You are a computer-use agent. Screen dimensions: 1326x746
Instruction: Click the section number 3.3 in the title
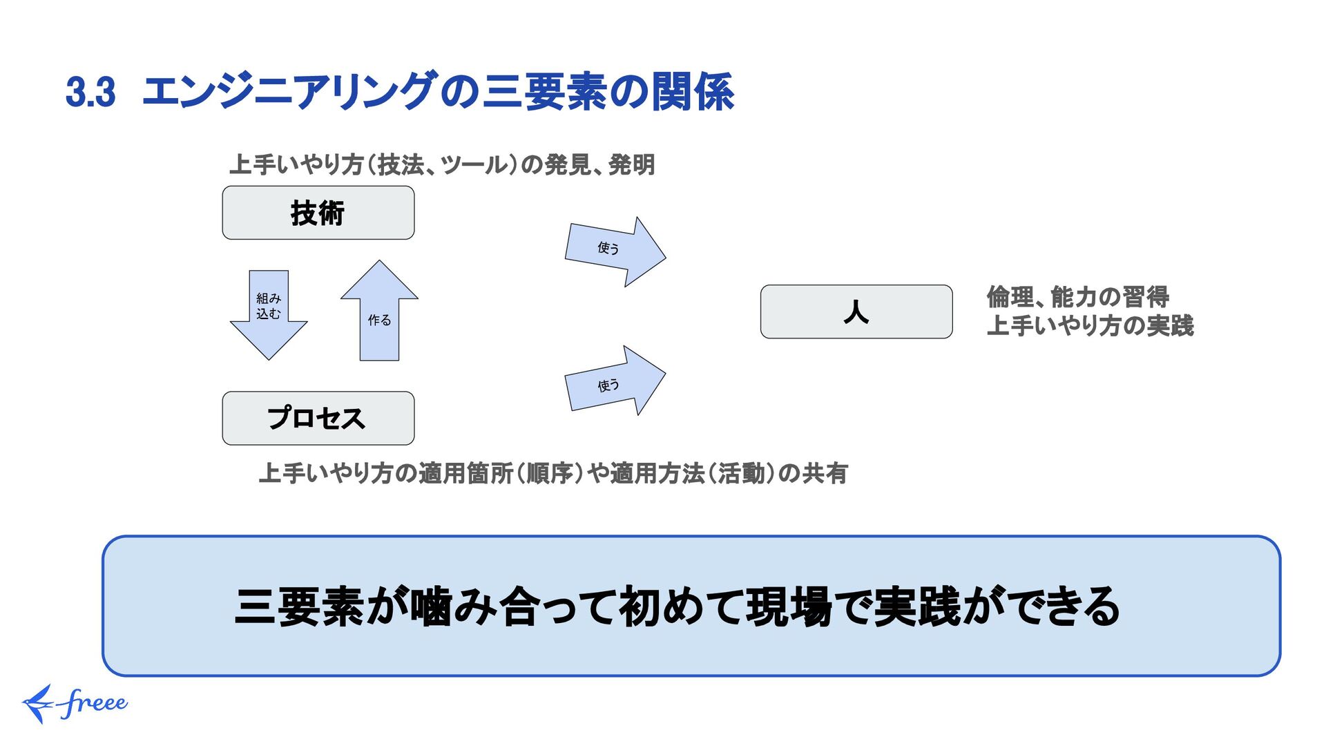coord(90,92)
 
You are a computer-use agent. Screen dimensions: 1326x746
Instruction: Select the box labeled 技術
coord(318,213)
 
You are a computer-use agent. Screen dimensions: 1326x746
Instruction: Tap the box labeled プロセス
coord(318,419)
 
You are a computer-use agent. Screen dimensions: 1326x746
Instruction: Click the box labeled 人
coord(856,312)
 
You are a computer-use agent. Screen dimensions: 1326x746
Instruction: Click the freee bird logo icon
coord(38,704)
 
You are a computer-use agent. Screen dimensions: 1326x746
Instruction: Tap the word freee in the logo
coord(94,703)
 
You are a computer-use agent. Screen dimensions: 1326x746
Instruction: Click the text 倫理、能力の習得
coord(1077,297)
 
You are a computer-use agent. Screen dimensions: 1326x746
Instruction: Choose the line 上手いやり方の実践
coord(1090,325)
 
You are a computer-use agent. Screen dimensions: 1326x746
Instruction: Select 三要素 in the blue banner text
coord(298,606)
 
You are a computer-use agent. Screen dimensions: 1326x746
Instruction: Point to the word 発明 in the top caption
coord(631,165)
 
